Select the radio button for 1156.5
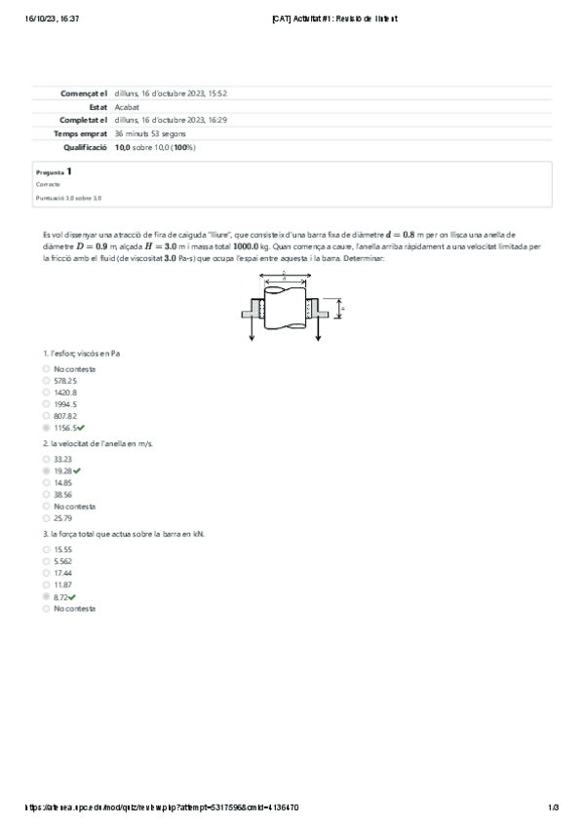46,428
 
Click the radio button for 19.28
46,470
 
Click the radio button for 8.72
46,596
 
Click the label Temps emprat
81,133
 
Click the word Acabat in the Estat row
126,106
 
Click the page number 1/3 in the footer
553,807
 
